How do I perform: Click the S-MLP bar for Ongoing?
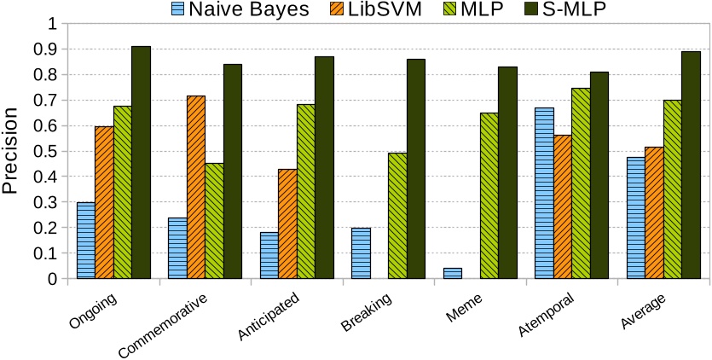pyautogui.click(x=141, y=162)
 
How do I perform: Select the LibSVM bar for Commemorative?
pyautogui.click(x=195, y=187)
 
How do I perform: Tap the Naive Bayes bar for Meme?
pyautogui.click(x=453, y=273)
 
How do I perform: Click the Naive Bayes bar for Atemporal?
pyautogui.click(x=544, y=193)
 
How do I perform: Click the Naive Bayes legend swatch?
pyautogui.click(x=177, y=10)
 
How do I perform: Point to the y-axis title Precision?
pyautogui.click(x=12, y=151)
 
